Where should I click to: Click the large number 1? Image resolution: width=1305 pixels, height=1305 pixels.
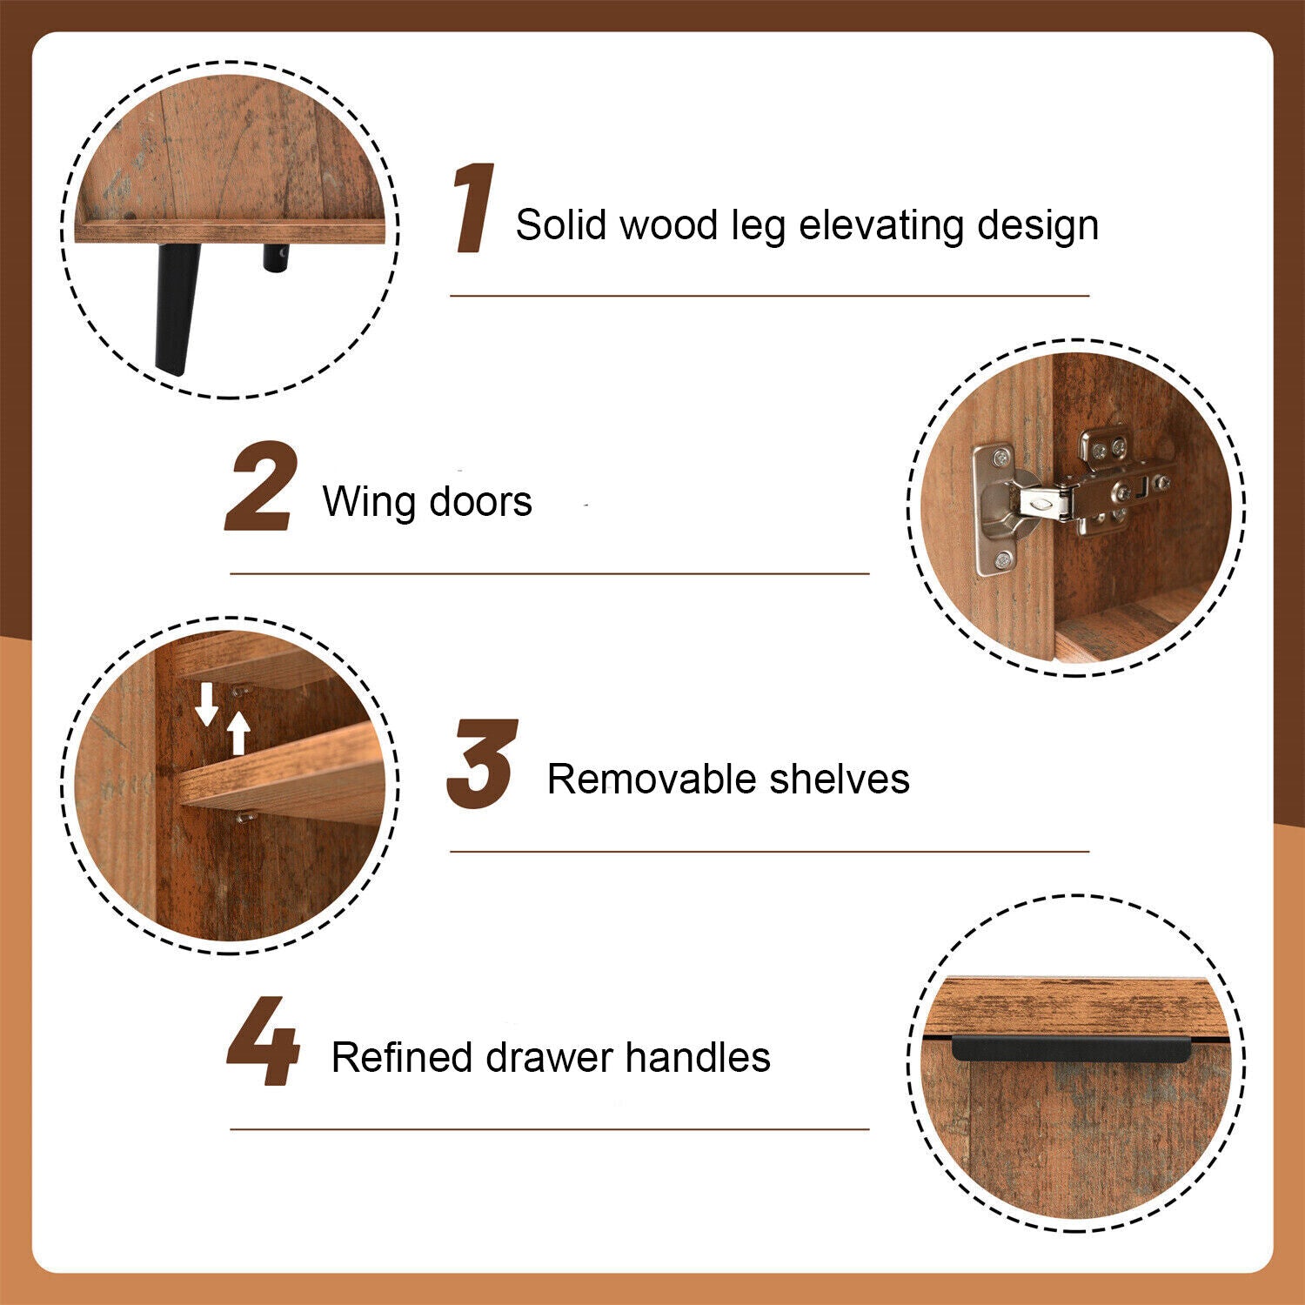coord(474,209)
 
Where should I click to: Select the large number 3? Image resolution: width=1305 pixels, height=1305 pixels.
coord(482,764)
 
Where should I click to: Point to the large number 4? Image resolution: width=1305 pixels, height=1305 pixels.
coord(263,1041)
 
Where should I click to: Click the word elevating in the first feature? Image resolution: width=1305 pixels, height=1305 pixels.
coord(880,226)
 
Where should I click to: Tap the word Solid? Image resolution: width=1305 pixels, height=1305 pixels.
coord(560,224)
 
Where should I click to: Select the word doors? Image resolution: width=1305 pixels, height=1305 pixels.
coord(481,502)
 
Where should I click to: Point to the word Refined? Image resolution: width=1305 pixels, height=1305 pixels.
coord(402,1058)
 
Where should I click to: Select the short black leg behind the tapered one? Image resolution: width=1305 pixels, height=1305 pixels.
coord(277,258)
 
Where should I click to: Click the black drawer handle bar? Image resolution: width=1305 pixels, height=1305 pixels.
coord(1071,1048)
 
